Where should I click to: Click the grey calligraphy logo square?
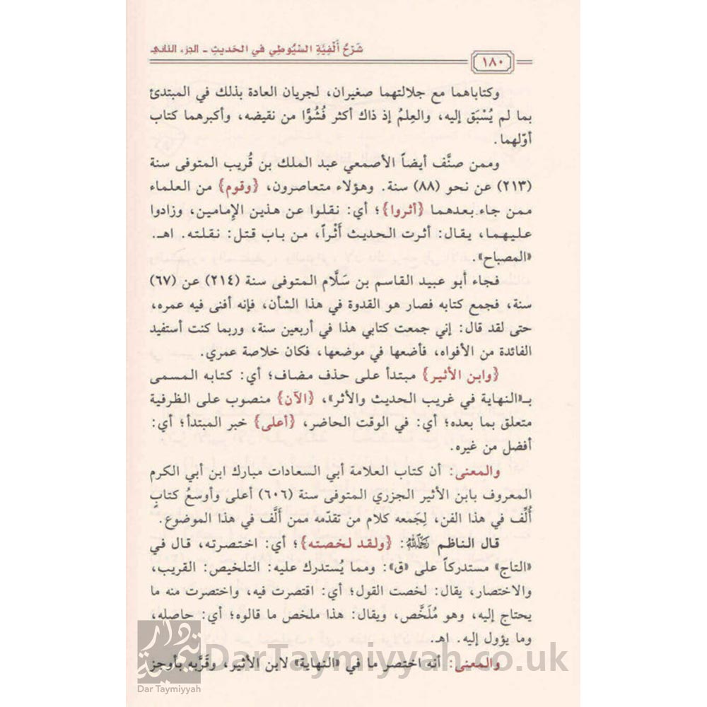168,652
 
